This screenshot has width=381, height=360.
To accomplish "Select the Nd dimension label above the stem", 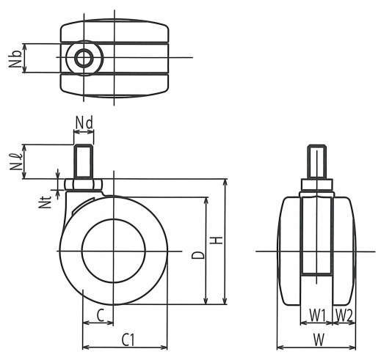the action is pyautogui.click(x=84, y=122).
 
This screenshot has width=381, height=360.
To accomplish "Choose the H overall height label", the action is pyautogui.click(x=217, y=240).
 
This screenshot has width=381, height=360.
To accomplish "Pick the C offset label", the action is pyautogui.click(x=101, y=315).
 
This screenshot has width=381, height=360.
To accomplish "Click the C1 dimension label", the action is pyautogui.click(x=128, y=339).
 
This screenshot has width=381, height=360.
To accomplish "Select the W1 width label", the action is pyautogui.click(x=318, y=315).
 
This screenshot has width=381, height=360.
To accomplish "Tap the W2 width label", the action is pyautogui.click(x=344, y=315).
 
